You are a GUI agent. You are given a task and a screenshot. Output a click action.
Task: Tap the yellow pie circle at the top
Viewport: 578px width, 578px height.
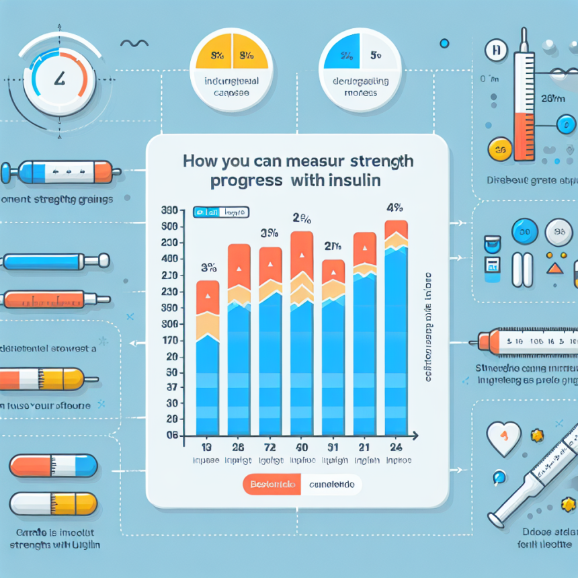230,71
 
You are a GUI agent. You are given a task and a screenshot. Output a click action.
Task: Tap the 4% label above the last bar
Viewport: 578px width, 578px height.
395,207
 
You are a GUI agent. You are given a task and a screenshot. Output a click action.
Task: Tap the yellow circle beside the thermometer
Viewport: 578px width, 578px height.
499,147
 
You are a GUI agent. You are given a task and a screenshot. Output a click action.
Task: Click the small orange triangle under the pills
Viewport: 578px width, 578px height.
554,269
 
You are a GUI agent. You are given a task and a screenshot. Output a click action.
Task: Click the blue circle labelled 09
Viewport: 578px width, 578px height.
525,233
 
